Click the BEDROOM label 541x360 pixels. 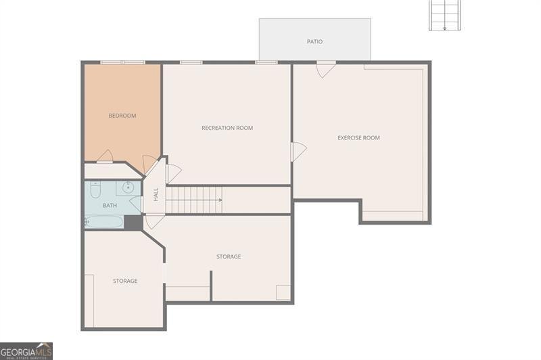tap(122, 116)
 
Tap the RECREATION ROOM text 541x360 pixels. tap(227, 128)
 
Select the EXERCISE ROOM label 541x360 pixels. tap(358, 138)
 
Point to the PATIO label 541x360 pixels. tap(314, 42)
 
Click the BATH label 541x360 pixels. tap(110, 205)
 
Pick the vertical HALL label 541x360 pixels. tap(156, 194)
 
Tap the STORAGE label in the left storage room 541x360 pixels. tap(125, 281)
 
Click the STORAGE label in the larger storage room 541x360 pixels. tap(229, 257)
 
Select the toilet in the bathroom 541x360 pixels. tap(95, 187)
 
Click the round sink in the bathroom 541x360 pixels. tap(128, 187)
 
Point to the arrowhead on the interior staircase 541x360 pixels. tap(220, 200)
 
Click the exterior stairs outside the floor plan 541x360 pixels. tap(444, 15)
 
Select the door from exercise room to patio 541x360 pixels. tap(325, 69)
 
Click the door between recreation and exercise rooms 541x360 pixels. tap(298, 152)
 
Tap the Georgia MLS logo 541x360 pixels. tap(26, 351)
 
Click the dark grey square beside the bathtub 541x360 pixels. tap(133, 222)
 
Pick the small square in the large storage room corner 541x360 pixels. tap(283, 292)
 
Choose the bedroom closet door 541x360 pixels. tap(104, 157)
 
